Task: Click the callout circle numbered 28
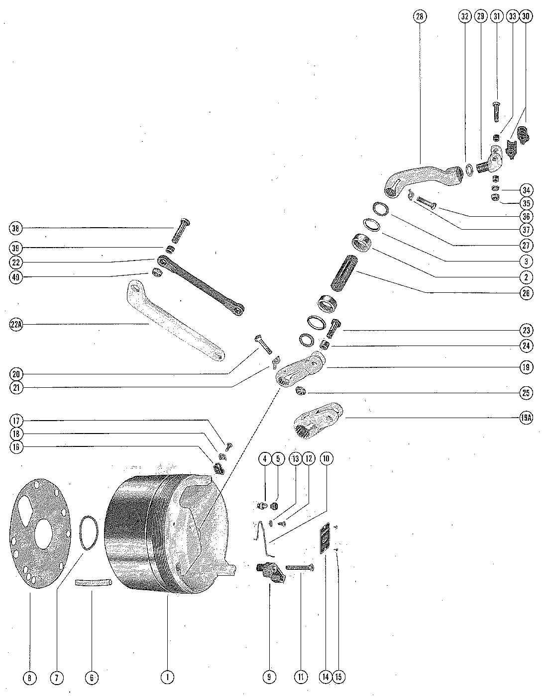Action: click(420, 16)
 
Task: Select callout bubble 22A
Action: click(16, 325)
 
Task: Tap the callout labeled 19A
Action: click(526, 418)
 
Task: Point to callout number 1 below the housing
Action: click(168, 677)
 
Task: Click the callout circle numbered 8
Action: click(30, 677)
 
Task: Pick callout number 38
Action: click(16, 229)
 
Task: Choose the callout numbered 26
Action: click(526, 293)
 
